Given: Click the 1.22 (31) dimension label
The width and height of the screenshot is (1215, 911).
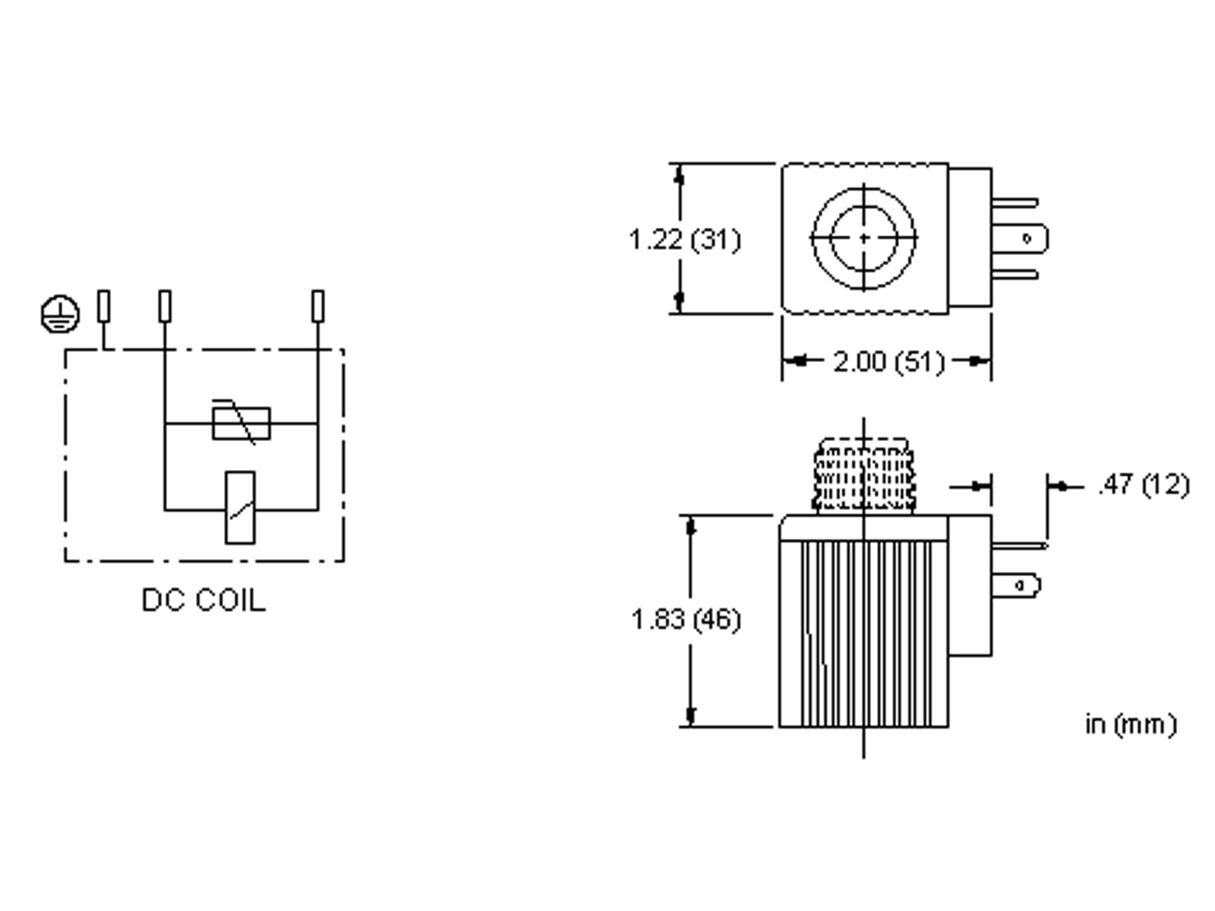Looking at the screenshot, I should tap(684, 240).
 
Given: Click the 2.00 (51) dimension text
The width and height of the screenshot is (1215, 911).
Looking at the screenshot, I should tap(888, 361).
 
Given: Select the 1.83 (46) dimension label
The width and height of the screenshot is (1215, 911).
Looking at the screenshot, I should tap(686, 619).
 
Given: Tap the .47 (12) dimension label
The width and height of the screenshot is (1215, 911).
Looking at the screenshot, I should tap(1143, 484).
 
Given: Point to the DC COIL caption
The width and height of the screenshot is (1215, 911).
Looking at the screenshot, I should tap(204, 600).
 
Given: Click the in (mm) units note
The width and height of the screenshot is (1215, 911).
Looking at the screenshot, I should tap(1131, 724).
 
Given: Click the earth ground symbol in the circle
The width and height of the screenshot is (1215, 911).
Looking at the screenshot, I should tap(59, 314).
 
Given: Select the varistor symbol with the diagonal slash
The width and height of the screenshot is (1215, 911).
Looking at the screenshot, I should tap(241, 423).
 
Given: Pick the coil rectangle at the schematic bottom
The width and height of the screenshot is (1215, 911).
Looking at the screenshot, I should tap(240, 508).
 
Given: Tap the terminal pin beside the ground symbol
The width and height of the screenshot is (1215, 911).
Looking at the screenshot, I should tap(104, 306).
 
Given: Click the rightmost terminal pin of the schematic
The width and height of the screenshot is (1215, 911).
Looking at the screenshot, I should tap(318, 306).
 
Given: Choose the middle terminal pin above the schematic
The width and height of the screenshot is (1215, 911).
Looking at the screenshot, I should tap(165, 306).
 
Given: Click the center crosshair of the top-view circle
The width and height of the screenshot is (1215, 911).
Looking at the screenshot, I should tap(864, 238).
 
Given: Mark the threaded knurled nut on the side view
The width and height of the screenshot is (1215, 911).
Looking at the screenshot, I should tap(863, 477).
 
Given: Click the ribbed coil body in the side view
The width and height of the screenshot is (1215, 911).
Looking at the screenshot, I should tap(864, 634).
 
